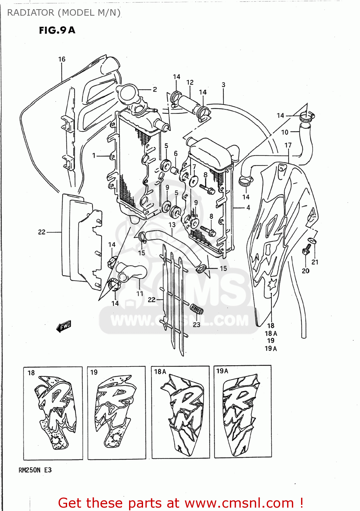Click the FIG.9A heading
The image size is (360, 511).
pos(57,30)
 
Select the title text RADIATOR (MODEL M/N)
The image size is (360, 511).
pos(64,13)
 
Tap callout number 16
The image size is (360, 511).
pos(62,59)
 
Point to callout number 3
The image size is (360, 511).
pos(223,85)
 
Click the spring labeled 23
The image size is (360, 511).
pos(197,309)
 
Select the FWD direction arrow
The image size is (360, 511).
pos(64,326)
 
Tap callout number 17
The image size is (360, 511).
pos(288,145)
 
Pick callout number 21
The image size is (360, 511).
pos(315,262)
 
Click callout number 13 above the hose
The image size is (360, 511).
pos(172,225)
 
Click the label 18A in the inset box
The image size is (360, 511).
pos(160,372)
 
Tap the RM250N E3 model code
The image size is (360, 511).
pos(35,470)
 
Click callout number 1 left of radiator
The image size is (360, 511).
pos(94,156)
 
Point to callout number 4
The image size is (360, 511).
pos(248,207)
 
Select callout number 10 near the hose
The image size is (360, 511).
pos(285,132)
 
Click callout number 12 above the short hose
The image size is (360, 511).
pos(190,82)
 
